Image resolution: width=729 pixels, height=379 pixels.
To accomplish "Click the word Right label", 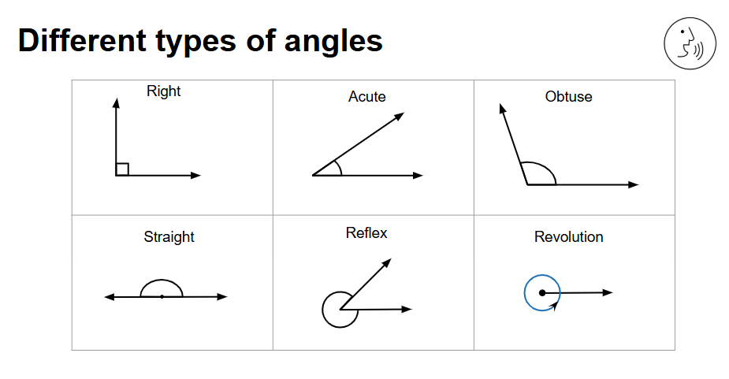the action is pos(163,91).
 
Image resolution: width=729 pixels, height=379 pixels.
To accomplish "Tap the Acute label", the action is pos(366,96).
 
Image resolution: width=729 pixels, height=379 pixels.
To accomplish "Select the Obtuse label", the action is pos(568,96).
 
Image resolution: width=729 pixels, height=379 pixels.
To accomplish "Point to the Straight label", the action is pos(169,236).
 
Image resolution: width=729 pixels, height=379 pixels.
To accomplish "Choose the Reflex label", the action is pos(366,232).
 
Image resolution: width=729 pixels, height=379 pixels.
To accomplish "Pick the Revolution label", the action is pos(568,236).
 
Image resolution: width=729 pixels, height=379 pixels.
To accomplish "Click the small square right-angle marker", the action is pos(122,169).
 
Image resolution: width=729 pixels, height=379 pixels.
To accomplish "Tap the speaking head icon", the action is pos(690,43).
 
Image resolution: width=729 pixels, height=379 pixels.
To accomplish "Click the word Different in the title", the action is pos(82,40).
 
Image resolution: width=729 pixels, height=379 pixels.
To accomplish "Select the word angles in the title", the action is pos(333,43).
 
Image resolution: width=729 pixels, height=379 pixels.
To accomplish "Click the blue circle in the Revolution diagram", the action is pos(525,293).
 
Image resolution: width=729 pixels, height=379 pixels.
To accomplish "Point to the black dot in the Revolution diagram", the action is pos(542,292).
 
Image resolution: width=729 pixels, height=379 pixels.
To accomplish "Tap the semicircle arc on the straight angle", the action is pos(162,280).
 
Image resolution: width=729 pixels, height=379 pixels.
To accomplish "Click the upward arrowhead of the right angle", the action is pos(116,102).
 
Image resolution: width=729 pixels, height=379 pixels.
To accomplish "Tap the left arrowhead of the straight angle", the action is pos(110,297).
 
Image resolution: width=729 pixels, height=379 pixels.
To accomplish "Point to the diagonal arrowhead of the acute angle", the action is pos(400,116).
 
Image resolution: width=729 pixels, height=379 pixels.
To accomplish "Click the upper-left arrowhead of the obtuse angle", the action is pos(502,109).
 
